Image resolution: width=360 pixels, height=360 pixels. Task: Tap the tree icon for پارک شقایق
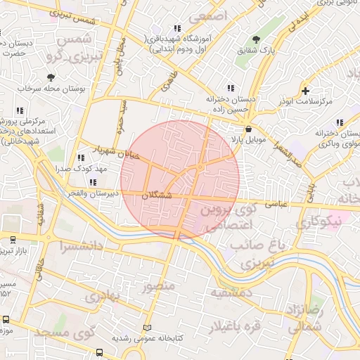255,39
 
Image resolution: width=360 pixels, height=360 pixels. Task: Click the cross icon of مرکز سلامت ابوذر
304,91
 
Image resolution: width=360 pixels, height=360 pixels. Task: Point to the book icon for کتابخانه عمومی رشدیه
147,328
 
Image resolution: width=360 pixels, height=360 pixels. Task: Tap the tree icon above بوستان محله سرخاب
51,77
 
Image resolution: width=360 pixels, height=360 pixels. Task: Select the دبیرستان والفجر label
89,193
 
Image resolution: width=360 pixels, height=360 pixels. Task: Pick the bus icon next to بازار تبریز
13,240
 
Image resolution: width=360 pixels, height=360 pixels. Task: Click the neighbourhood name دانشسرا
62,247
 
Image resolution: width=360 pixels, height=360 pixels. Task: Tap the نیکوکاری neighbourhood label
318,222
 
